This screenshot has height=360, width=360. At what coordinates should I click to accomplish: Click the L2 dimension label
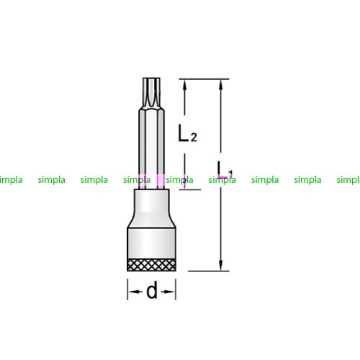[187, 133]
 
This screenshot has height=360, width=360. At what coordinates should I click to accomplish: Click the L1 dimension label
[225, 170]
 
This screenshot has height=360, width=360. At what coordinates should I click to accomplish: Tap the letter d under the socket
[152, 290]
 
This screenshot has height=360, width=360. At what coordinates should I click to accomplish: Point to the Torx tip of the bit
[151, 92]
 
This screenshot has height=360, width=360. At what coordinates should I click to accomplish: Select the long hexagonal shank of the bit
[151, 148]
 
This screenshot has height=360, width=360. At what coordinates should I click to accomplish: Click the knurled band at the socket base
[151, 265]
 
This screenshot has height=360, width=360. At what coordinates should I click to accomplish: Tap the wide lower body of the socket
[151, 243]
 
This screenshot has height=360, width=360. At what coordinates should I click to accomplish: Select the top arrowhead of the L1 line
[221, 84]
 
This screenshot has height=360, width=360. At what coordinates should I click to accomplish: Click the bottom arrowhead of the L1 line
[221, 266]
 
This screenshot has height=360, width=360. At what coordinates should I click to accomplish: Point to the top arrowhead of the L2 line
[184, 84]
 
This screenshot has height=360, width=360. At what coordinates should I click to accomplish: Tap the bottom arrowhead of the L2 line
[184, 184]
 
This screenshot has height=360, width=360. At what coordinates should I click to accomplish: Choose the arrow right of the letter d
[168, 292]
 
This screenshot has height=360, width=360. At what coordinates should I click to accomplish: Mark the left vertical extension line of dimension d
[127, 289]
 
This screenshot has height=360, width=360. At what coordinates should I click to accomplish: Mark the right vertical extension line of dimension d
[176, 289]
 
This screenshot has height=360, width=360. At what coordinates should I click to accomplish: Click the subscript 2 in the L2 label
[194, 137]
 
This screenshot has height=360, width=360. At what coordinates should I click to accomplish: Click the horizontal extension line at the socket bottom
[209, 271]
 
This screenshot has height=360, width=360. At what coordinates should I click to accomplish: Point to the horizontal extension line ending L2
[190, 189]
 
